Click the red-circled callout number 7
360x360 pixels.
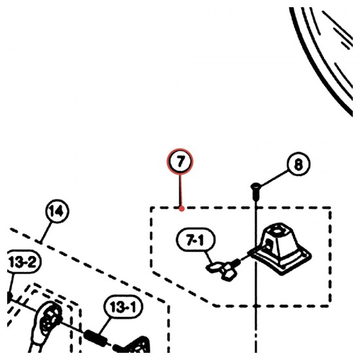point(180,162)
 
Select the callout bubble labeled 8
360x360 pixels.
point(298,164)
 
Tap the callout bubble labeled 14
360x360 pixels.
point(57,211)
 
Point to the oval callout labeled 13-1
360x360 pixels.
point(123,307)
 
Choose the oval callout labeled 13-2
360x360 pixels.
point(23,262)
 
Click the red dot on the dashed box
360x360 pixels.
point(181,209)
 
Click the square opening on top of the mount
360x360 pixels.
point(278,229)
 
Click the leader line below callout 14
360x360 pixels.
point(46,232)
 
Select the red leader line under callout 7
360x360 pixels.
point(181,190)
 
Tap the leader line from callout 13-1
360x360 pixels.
point(105,326)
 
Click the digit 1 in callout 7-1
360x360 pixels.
point(201,240)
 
